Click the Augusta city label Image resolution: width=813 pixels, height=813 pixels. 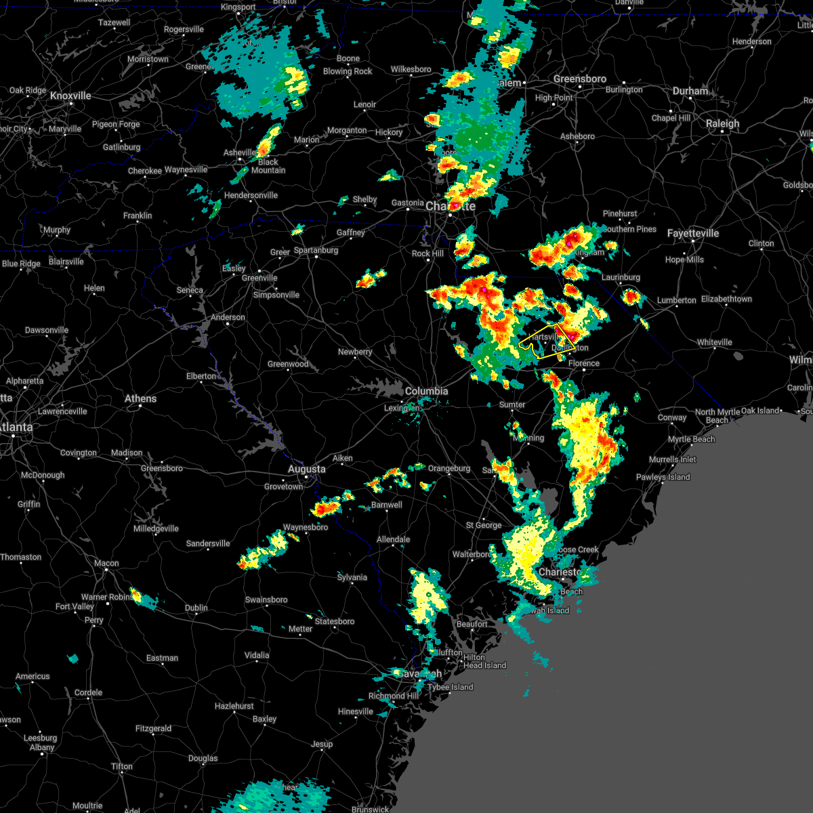coord(307,469)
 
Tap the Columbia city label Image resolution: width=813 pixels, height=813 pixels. coord(426,391)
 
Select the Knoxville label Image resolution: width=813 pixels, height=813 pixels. coord(70,96)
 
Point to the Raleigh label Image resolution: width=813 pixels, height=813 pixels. coord(722,124)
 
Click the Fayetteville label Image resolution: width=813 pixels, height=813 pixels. coord(692,233)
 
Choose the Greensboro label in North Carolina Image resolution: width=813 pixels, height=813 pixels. coord(579,79)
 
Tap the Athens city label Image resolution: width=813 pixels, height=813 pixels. coord(140,398)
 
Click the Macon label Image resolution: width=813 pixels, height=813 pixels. coord(106,563)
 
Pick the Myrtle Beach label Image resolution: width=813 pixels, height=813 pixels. coord(691,439)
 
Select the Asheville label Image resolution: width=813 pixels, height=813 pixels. coord(240,153)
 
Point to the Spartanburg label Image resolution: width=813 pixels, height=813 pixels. coord(316,250)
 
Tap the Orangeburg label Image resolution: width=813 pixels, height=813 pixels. coord(449,468)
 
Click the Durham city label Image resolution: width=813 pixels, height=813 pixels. coord(690,91)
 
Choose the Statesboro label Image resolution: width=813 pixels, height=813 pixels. coord(335,621)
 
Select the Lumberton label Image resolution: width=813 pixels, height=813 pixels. coord(676,300)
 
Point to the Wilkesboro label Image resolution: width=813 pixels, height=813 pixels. coord(411,69)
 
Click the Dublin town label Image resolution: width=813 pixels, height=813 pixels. coord(196,608)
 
